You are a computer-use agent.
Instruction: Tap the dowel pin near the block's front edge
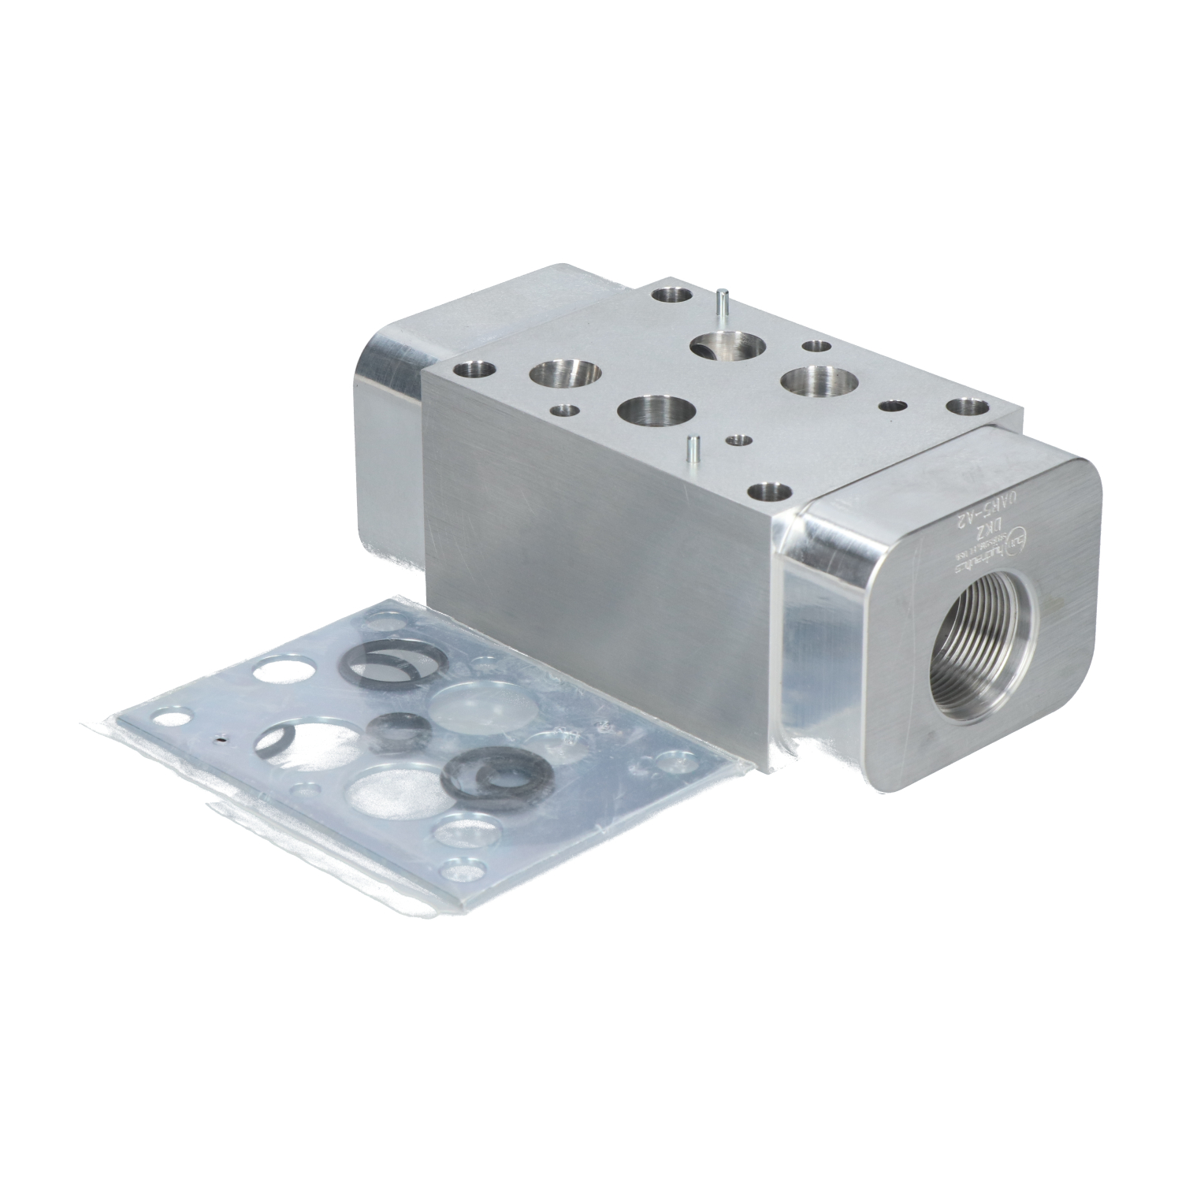(x=690, y=450)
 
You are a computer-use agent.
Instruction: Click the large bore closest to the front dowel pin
(x=656, y=411)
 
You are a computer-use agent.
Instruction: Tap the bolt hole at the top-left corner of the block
(x=474, y=368)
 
